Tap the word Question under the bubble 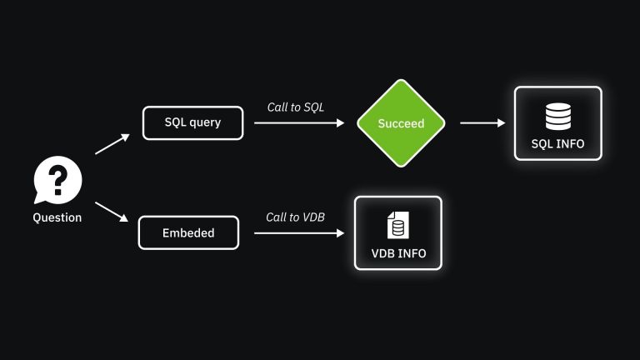click(x=57, y=217)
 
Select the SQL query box click(x=192, y=122)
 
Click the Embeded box click(x=188, y=232)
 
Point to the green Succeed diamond click(x=402, y=122)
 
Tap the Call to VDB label click(x=295, y=217)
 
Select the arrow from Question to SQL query click(x=112, y=144)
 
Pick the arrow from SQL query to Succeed click(x=298, y=122)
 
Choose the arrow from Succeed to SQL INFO click(x=482, y=122)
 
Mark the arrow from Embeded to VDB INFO click(x=298, y=232)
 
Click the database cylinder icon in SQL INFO click(x=557, y=115)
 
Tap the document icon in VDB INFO click(x=397, y=225)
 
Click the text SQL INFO click(x=557, y=143)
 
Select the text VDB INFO click(x=398, y=253)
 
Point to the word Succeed click(x=402, y=123)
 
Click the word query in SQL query click(x=205, y=122)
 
